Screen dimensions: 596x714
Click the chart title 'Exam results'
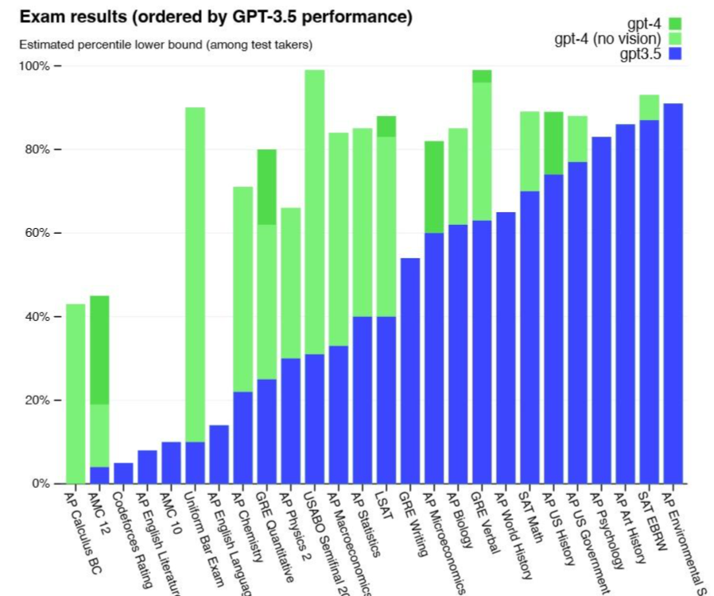(215, 17)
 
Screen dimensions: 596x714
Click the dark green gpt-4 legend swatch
(676, 24)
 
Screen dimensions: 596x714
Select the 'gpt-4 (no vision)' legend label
(607, 39)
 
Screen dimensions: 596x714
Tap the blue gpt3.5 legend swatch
(676, 55)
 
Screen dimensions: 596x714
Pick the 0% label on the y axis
(39, 483)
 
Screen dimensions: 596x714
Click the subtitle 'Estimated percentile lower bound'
(165, 45)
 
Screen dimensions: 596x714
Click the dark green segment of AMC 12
(99, 350)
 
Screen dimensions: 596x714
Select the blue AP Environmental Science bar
(672, 293)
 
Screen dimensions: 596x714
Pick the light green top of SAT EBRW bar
(649, 107)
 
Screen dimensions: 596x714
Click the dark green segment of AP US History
(553, 143)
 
